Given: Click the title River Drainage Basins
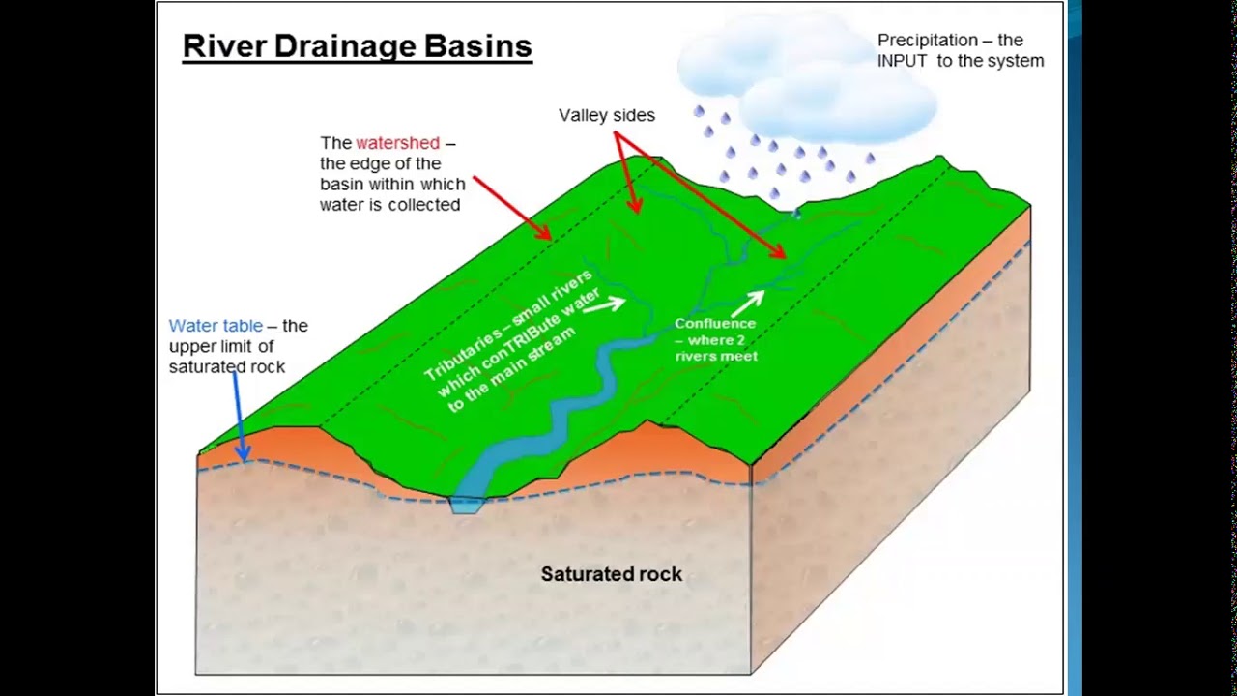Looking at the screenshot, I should (357, 46).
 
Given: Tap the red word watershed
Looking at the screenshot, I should (397, 143).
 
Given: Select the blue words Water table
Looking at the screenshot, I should (216, 326).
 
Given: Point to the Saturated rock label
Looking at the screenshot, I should (611, 574).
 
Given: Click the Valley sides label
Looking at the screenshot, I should (606, 115).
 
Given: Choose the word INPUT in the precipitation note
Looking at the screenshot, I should (903, 61).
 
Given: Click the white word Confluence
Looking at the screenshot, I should (715, 324).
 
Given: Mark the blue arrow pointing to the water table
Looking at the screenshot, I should (238, 416).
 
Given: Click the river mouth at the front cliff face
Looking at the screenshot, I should (467, 503).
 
